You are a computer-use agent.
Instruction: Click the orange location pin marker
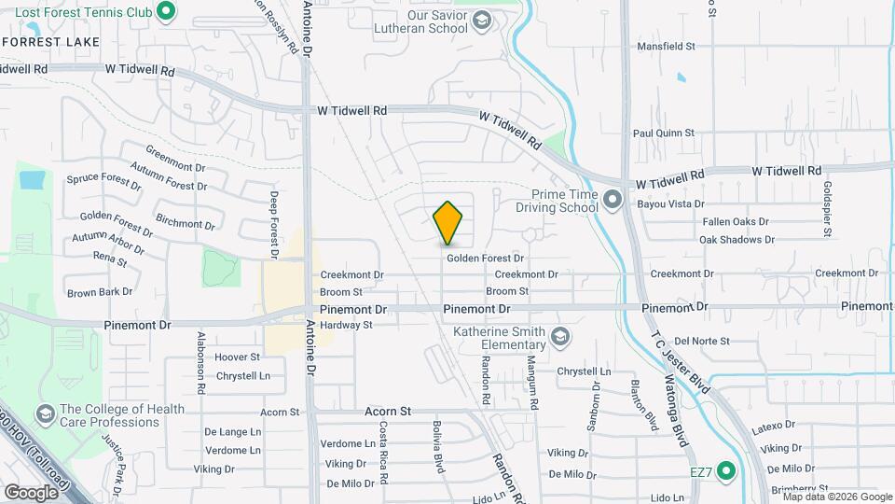[447, 222]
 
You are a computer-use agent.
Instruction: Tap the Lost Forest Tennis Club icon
[166, 11]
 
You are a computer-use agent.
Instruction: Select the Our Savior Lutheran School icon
[481, 20]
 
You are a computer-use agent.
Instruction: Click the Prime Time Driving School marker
[612, 199]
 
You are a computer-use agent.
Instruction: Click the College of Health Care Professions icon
[44, 413]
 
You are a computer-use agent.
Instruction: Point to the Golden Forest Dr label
[485, 258]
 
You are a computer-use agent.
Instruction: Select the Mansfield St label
[665, 46]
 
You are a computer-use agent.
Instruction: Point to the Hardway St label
[346, 325]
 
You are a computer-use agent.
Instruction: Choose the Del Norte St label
[701, 341]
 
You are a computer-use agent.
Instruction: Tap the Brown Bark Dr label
[100, 292]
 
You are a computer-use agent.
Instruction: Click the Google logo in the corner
[30, 492]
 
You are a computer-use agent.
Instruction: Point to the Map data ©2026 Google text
[836, 497]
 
